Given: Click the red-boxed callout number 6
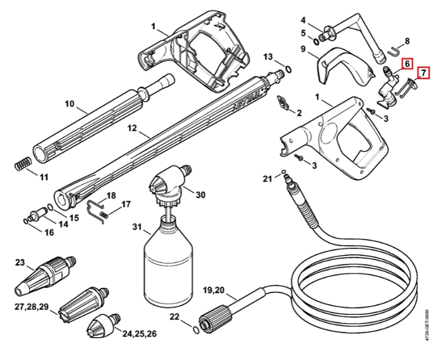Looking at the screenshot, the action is pyautogui.click(x=407, y=64).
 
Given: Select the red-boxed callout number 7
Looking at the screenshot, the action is pyautogui.click(x=424, y=73).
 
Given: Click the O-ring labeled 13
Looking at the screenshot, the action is pyautogui.click(x=288, y=69).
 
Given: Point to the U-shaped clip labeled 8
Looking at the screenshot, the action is pyautogui.click(x=394, y=51).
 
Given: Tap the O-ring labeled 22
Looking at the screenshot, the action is pyautogui.click(x=196, y=330).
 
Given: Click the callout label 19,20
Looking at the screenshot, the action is pyautogui.click(x=214, y=291).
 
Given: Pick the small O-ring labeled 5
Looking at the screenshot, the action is pyautogui.click(x=316, y=41).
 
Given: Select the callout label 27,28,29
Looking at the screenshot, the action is pyautogui.click(x=32, y=307).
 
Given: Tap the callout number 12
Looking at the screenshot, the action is pyautogui.click(x=132, y=128).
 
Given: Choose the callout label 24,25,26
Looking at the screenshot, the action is pyautogui.click(x=140, y=334).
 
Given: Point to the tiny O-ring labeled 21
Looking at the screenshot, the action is pyautogui.click(x=283, y=172).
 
